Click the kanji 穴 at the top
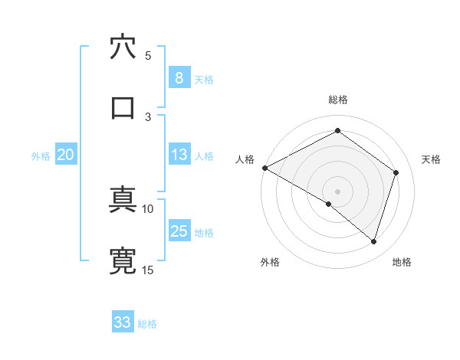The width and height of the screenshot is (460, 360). coord(123,48)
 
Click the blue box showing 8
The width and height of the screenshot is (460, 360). coord(179,78)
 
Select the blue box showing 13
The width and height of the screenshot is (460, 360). coord(179,155)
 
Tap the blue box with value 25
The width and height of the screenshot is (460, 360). coord(179,231)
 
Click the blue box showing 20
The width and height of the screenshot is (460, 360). coord(65,155)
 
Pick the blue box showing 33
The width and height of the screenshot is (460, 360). coord(122,322)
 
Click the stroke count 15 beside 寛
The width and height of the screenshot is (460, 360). coord(147,270)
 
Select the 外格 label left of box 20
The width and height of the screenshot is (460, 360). coord(41,155)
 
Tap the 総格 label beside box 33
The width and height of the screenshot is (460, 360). coord(147,323)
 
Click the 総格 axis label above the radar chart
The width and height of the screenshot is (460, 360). coord(338,100)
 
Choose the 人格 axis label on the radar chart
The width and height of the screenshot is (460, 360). coord(245,159)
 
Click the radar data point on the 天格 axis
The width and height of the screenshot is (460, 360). coord(396,172)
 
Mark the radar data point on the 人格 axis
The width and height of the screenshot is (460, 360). coord(264,168)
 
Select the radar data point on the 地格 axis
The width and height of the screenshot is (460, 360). coord(373,241)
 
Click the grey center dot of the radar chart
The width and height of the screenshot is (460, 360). coord(337,191)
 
